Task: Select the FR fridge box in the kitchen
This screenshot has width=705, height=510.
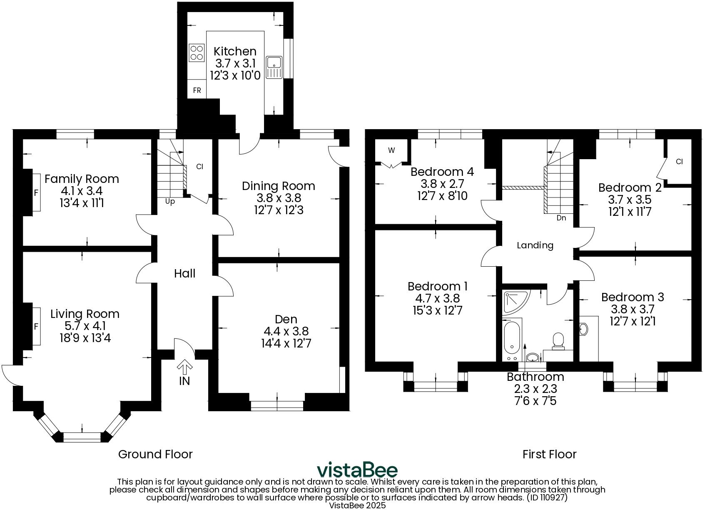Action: coord(197,90)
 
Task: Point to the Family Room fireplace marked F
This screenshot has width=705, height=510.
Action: coord(36,193)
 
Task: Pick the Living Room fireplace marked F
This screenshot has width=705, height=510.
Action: coord(36,327)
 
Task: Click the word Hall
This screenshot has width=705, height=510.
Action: coord(184,274)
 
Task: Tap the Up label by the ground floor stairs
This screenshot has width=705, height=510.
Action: coord(170,202)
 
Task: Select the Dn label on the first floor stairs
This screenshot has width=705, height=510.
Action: coord(561,218)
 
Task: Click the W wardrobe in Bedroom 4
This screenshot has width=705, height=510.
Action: coord(391,151)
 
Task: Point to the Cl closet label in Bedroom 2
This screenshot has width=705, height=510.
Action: coord(679,162)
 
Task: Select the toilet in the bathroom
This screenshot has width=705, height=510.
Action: coord(557,340)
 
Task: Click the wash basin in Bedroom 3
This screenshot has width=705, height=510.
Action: coord(584,329)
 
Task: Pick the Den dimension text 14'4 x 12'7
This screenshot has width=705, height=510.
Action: coord(286,343)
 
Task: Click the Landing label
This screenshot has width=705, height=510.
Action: coord(535,245)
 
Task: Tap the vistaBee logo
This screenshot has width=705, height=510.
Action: coord(357,470)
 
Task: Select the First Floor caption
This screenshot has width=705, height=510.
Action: coord(549,454)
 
